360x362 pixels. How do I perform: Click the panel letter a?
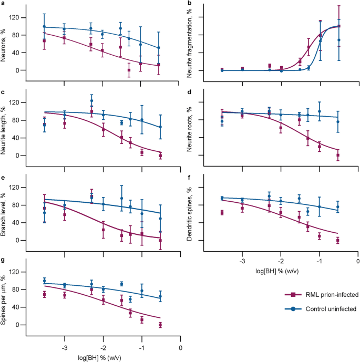pyautogui.click(x=3, y=3)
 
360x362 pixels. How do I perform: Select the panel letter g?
pyautogui.click(x=3, y=260)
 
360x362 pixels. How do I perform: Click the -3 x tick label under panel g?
pyautogui.click(x=64, y=348)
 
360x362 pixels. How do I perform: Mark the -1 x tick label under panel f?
pyautogui.click(x=318, y=261)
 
